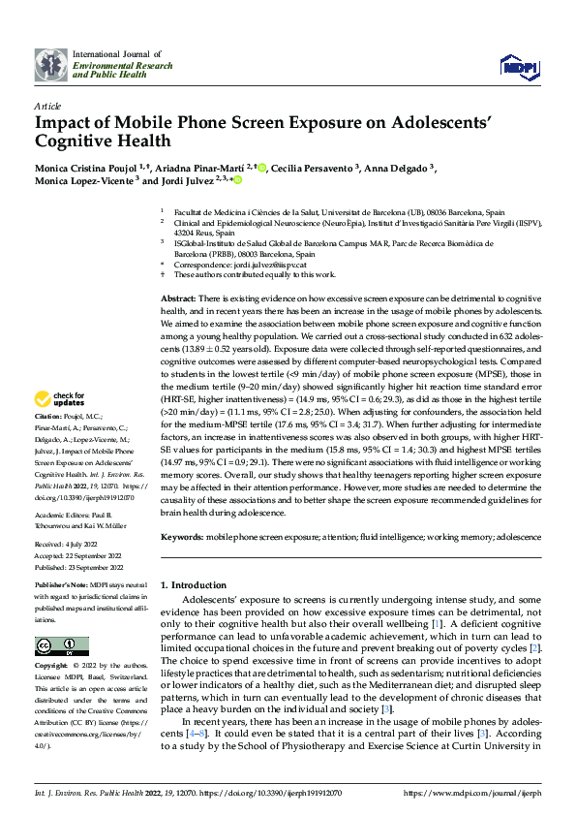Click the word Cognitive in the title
[74, 141]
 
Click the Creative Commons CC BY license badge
[61, 646]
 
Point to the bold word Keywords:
[181, 536]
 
